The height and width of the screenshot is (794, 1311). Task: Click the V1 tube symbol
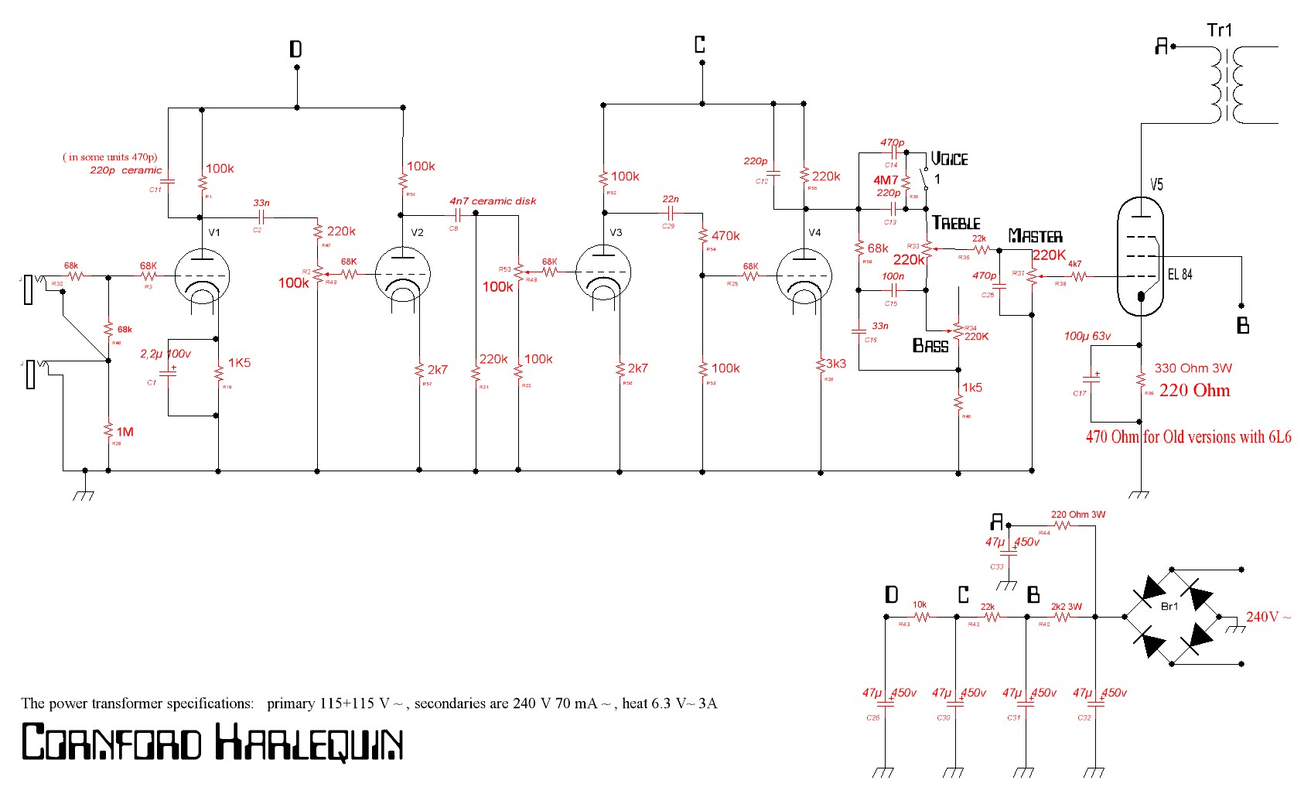pyautogui.click(x=202, y=276)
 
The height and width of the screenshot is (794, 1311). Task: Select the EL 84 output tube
pyautogui.click(x=1140, y=255)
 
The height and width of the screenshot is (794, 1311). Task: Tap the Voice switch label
pyautogui.click(x=949, y=159)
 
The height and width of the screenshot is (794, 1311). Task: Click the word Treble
pyautogui.click(x=956, y=223)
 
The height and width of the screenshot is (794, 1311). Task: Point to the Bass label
pyautogui.click(x=930, y=346)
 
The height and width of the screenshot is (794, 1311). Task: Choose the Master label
pyautogui.click(x=1035, y=236)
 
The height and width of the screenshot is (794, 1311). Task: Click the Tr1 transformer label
pyautogui.click(x=1219, y=30)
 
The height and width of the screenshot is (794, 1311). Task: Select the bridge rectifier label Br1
pyautogui.click(x=1169, y=606)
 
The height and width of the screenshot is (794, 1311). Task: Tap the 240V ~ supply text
pyautogui.click(x=1268, y=617)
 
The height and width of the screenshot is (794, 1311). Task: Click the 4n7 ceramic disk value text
pyautogui.click(x=493, y=201)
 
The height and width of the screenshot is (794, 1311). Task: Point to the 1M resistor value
pyautogui.click(x=125, y=432)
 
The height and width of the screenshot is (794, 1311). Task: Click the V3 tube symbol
pyautogui.click(x=603, y=276)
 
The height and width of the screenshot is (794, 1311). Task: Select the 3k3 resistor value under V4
pyautogui.click(x=836, y=363)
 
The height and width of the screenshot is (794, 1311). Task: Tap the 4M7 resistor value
pyautogui.click(x=886, y=180)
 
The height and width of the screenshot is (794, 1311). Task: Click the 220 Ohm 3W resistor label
pyautogui.click(x=1077, y=514)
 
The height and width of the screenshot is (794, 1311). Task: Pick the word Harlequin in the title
pyautogui.click(x=309, y=742)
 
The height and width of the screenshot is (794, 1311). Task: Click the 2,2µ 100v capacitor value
pyautogui.click(x=166, y=354)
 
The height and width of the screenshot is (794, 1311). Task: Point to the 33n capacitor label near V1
pyautogui.click(x=261, y=203)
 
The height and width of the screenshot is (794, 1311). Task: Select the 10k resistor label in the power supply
pyautogui.click(x=920, y=604)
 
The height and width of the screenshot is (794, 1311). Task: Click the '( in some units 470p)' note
pyautogui.click(x=110, y=156)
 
